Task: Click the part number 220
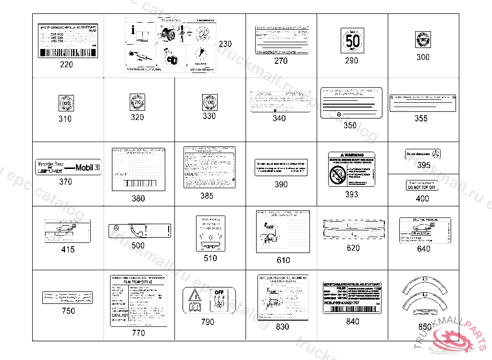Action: (x=67, y=64)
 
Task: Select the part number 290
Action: (x=352, y=61)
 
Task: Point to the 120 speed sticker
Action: (x=65, y=103)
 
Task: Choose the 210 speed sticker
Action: (x=137, y=102)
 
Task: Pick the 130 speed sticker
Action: (x=209, y=102)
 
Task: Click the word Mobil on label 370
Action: (x=85, y=168)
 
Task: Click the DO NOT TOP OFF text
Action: (x=422, y=187)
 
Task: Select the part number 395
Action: (x=424, y=165)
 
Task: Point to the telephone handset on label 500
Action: (x=138, y=230)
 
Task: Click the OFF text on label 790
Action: (x=219, y=292)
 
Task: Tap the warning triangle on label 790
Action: (x=195, y=294)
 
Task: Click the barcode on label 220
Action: (x=67, y=52)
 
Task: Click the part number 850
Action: (x=425, y=327)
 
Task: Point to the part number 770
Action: (x=138, y=333)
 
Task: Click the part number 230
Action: (x=225, y=44)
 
